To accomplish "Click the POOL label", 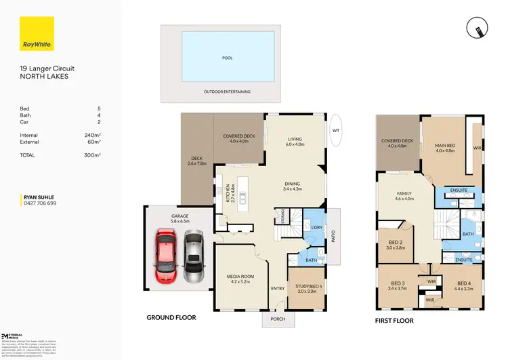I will click(228, 58).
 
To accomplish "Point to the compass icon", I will click(477, 27).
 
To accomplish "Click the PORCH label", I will click(278, 319).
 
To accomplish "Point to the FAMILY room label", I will click(404, 194).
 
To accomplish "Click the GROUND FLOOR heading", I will click(171, 317).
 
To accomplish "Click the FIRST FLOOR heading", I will click(394, 321).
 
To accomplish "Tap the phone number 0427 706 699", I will click(40, 203).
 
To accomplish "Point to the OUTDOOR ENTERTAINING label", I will click(228, 92).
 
